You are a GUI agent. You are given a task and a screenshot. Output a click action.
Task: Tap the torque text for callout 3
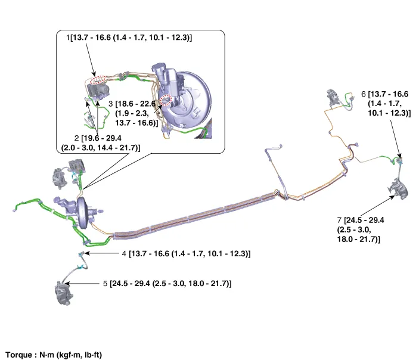(136, 113)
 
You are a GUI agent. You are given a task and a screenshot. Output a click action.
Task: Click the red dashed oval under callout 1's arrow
(100, 79)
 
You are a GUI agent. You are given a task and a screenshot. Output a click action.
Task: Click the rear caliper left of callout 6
(334, 97)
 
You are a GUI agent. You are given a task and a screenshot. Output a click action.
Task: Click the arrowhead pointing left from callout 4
(90, 253)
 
